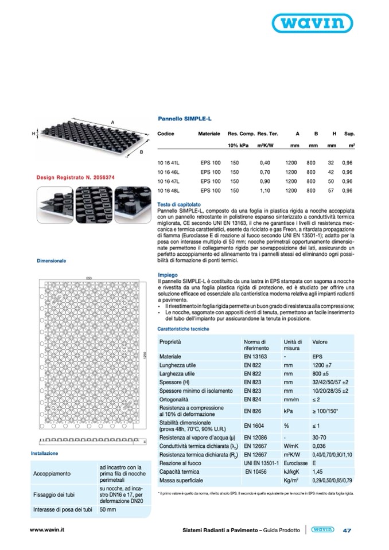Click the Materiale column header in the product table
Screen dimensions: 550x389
click(x=209, y=133)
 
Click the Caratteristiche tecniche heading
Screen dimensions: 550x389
click(x=183, y=329)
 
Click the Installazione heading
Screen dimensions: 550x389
click(x=45, y=453)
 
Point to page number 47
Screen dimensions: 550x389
click(x=347, y=530)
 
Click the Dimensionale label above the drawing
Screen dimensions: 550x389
click(x=52, y=260)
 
